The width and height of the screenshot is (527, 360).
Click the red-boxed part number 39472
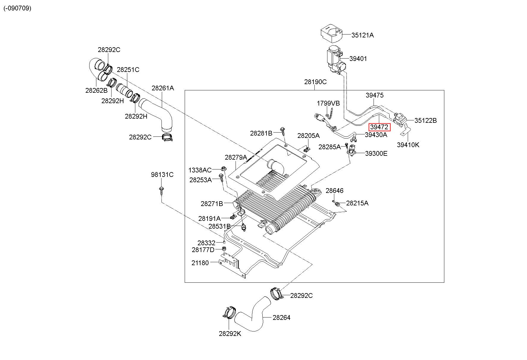[379, 127]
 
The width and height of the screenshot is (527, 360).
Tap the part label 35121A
[363, 35]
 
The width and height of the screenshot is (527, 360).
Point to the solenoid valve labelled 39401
[335, 60]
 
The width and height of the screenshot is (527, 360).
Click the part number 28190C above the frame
[315, 82]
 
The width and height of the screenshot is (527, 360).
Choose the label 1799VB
[328, 103]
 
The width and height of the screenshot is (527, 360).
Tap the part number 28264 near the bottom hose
[281, 317]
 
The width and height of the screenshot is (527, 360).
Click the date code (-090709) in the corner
[17, 8]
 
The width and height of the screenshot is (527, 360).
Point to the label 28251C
[128, 70]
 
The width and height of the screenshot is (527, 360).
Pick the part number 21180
[200, 263]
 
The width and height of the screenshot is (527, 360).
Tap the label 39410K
[408, 145]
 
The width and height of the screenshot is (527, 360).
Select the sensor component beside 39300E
[352, 150]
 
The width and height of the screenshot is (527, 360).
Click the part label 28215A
[357, 203]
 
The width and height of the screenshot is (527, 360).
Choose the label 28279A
[236, 157]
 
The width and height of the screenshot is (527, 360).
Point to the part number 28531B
[219, 226]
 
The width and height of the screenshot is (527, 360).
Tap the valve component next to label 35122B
[400, 120]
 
